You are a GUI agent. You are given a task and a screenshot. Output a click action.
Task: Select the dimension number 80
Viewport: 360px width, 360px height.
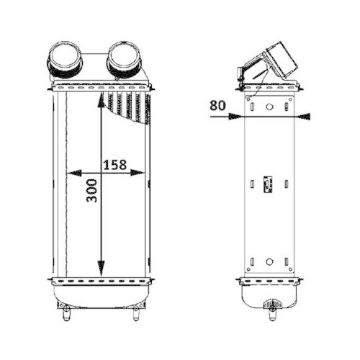point(217,104)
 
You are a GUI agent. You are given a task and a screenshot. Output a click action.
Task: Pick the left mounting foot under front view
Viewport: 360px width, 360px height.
point(66,311)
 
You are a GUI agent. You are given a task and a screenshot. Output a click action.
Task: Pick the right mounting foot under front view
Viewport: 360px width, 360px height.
point(135,311)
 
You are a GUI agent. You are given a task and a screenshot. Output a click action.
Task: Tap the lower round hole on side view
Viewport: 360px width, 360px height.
point(269,261)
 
